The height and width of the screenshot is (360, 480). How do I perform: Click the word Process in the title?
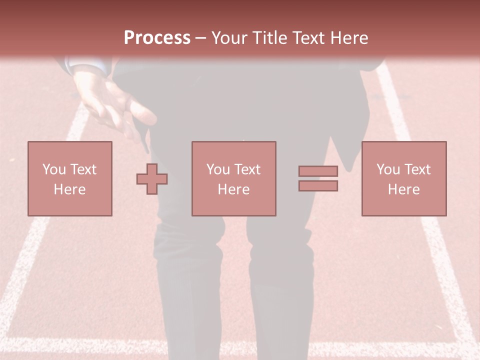[157, 37]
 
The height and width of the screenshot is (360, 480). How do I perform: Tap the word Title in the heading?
[271, 37]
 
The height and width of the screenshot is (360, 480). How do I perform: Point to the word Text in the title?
[310, 37]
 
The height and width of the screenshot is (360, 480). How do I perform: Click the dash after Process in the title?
[201, 38]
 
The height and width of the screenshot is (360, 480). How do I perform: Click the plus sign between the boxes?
[152, 179]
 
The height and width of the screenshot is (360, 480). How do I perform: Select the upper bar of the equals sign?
[318, 171]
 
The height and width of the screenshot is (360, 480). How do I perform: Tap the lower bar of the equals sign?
[318, 186]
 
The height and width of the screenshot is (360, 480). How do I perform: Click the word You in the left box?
[54, 169]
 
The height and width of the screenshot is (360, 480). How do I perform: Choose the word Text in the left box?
[83, 169]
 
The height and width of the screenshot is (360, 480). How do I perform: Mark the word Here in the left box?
[69, 189]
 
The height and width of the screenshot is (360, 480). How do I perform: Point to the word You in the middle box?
[218, 169]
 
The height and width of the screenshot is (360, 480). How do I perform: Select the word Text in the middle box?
[247, 169]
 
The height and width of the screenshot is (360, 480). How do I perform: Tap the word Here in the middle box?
[233, 189]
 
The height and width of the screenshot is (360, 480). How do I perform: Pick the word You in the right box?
[388, 169]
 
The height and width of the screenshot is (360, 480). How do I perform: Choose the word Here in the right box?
[403, 189]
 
